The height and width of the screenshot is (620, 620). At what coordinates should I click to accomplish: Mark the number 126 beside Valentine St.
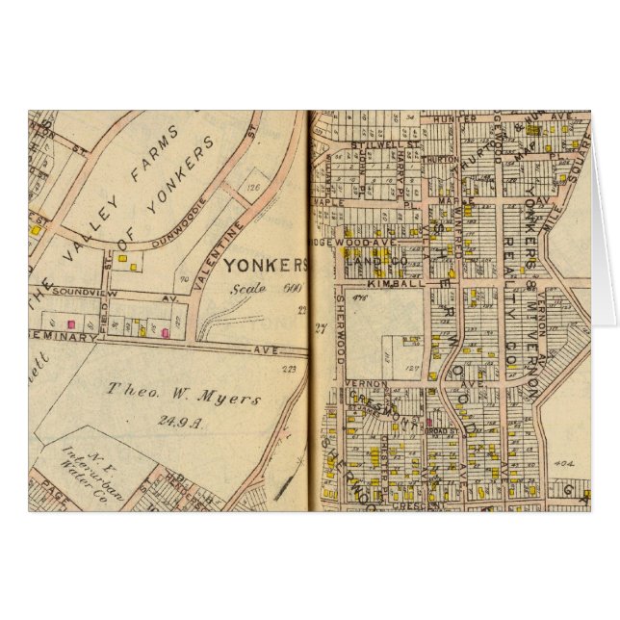(254, 188)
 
